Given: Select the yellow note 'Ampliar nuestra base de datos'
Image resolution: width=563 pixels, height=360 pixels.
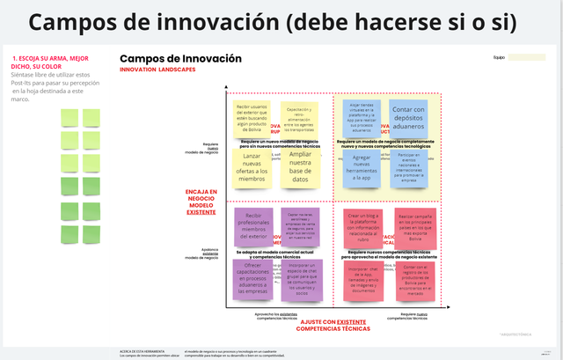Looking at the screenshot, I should tap(300, 167).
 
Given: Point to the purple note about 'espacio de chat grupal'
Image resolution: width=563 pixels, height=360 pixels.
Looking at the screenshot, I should tap(301, 276).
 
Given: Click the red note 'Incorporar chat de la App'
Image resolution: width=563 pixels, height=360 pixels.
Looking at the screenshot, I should tap(362, 276).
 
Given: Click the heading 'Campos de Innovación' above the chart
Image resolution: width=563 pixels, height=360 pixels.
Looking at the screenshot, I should tap(179, 59).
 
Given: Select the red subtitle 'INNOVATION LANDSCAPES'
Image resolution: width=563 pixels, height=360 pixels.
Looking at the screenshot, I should tap(158, 70).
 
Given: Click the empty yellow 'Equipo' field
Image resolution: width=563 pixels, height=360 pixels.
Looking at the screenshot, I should tap(526, 57).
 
